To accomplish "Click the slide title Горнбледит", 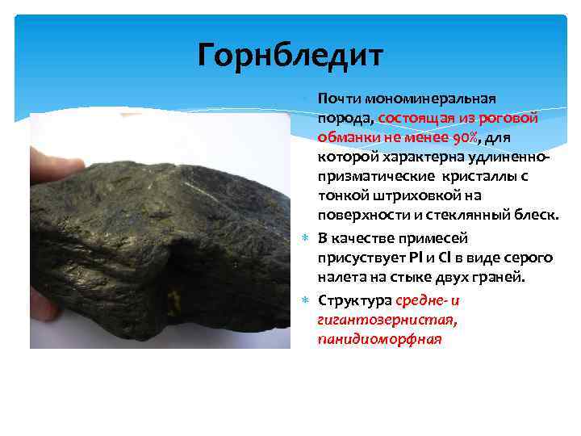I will coord(291,56).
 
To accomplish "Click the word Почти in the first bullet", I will coord(340,99).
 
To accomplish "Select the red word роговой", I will coord(513,117).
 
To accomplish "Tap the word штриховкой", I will coord(389,194).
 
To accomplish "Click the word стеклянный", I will coord(453,213).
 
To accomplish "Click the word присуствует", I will coord(358,258).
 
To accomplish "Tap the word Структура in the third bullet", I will coord(355,301).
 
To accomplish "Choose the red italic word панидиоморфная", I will coord(380,339).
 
